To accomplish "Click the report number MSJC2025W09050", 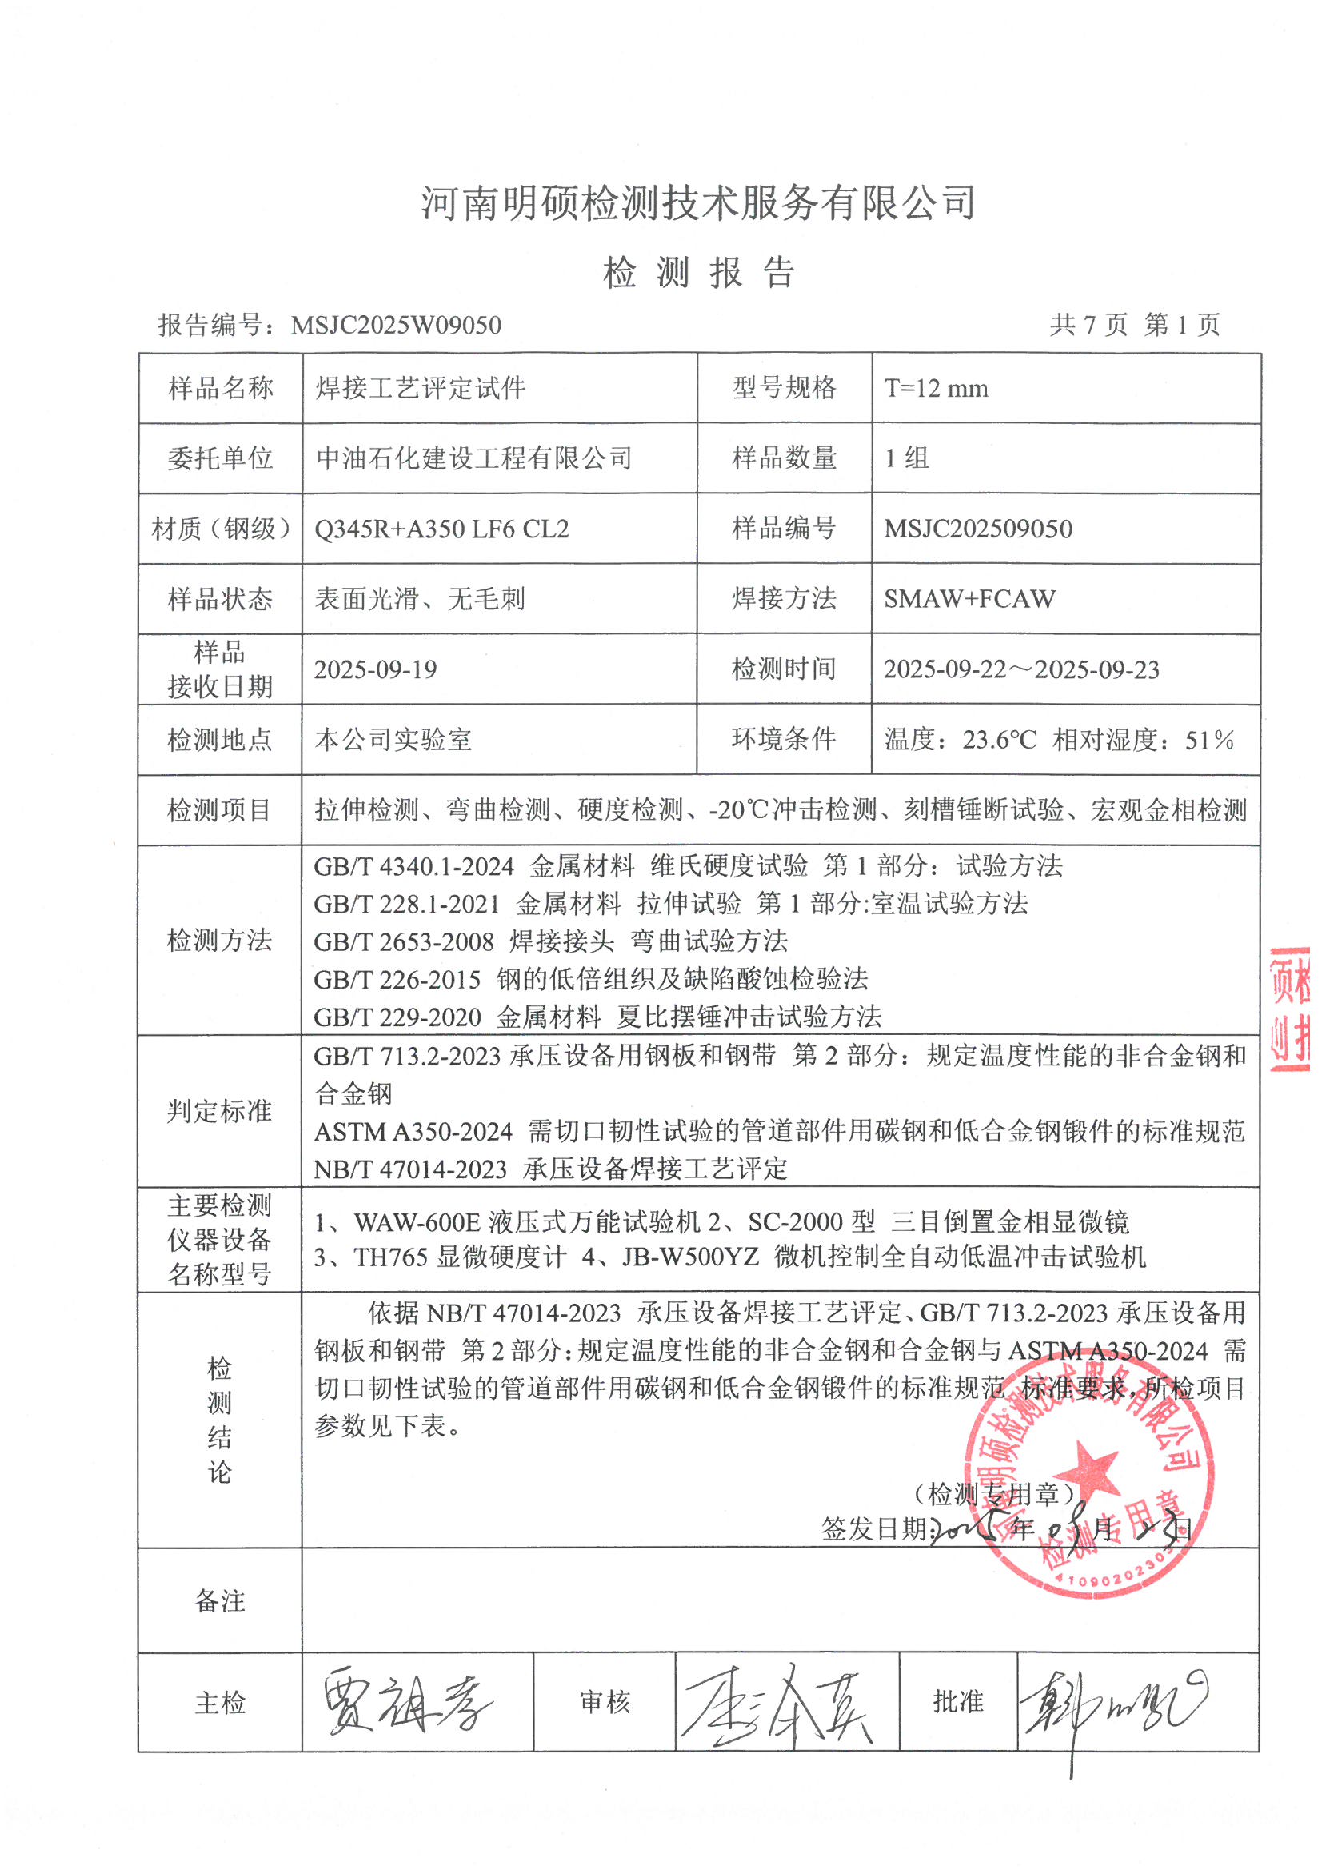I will coord(396,326).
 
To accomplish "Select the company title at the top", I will coord(698,203).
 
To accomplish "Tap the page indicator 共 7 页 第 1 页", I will coord(1135,325).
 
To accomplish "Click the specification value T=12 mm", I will coord(936,389).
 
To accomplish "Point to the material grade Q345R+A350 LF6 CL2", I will coord(441,529).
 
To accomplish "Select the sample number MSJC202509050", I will coord(977,529).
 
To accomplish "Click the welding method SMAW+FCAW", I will coord(969,599).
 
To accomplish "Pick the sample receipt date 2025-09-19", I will coord(376,669).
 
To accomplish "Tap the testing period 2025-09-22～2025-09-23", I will coord(1021,669).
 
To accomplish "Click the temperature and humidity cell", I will coord(1059,741).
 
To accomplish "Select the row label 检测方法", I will coord(219,941).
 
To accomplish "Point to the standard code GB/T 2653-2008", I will coord(404,942).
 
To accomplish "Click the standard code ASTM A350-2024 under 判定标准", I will coord(413,1131).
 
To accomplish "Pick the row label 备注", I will coord(219,1601).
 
